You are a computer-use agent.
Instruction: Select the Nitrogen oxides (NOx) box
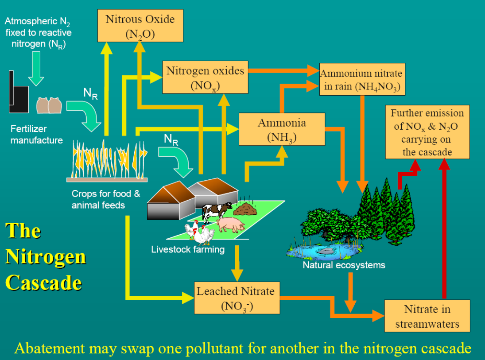tap(205, 77)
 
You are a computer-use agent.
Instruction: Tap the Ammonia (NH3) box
tap(282, 129)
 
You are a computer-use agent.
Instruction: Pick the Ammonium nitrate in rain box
tap(362, 80)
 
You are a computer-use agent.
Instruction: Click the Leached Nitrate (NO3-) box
tap(236, 298)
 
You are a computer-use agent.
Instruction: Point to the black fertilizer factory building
tap(18, 93)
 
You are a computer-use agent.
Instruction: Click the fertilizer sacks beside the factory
tap(48, 105)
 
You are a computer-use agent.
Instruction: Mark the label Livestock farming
tap(188, 249)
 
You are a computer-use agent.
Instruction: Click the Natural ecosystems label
tap(344, 265)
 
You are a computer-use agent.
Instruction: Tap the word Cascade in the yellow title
tap(44, 283)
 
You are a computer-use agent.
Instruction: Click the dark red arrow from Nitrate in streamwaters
tap(445, 230)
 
